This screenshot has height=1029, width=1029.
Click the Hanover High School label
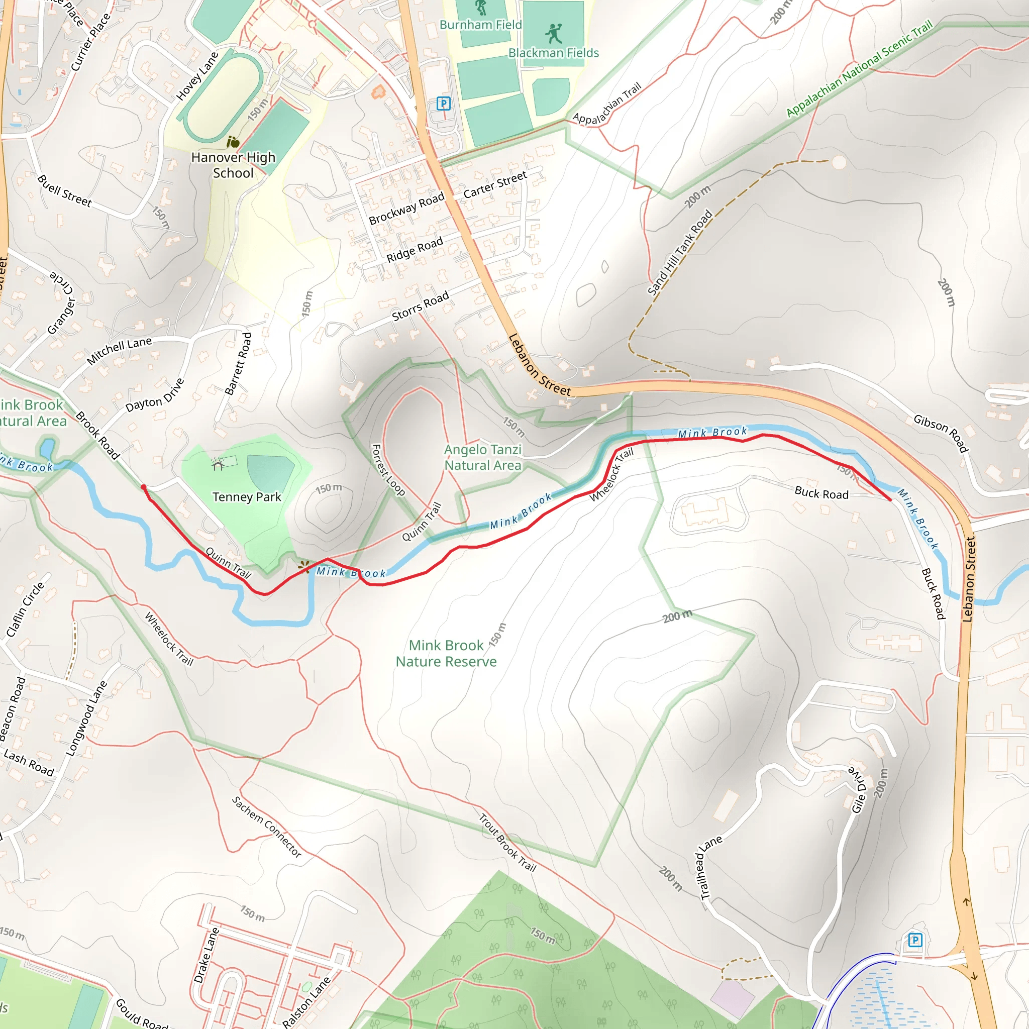233,165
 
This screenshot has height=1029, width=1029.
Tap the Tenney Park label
247,497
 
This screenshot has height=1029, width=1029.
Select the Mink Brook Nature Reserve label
446,653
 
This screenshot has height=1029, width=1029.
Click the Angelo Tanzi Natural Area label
482,457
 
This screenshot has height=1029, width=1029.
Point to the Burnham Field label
480,25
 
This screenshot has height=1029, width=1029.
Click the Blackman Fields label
553,53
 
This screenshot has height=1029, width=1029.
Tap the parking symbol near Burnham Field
443,104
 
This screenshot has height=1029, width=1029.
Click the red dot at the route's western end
143,487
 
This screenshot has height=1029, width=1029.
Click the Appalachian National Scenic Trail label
859,68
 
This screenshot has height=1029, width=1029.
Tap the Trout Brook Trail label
507,842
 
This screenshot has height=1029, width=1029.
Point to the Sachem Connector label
266,827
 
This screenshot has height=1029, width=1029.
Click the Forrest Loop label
388,470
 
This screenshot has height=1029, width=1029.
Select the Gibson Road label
941,433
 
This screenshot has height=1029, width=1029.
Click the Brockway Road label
406,208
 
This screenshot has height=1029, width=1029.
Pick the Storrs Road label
420,306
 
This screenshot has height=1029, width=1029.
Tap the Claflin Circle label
26,609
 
